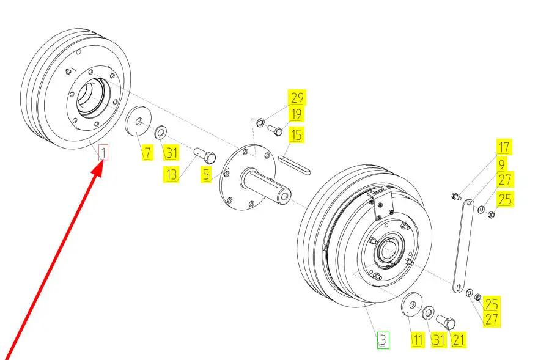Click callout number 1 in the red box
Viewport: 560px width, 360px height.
point(103,153)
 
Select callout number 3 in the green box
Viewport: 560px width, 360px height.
point(383,340)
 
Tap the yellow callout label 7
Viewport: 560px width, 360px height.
point(147,153)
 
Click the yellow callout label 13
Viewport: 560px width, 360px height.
point(171,175)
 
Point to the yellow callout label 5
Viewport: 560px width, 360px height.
point(206,175)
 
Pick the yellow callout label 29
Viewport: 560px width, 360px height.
point(297,98)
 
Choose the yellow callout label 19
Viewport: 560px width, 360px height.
point(296,114)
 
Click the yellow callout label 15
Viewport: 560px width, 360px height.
point(296,135)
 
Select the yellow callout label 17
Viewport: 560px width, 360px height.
point(504,147)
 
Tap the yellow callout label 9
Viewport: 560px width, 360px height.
point(502,164)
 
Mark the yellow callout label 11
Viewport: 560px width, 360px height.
point(417,340)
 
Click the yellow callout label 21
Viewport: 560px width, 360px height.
point(459,340)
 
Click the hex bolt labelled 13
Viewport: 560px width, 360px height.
point(205,155)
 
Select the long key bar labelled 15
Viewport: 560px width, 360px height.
point(294,165)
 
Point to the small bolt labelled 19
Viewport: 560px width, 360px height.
point(275,130)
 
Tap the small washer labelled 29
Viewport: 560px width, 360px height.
point(260,122)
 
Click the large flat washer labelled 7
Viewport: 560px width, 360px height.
point(138,121)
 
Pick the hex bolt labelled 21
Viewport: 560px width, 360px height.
point(446,321)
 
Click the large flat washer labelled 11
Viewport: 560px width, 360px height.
point(412,305)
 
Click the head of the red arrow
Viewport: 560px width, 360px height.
point(98,169)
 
